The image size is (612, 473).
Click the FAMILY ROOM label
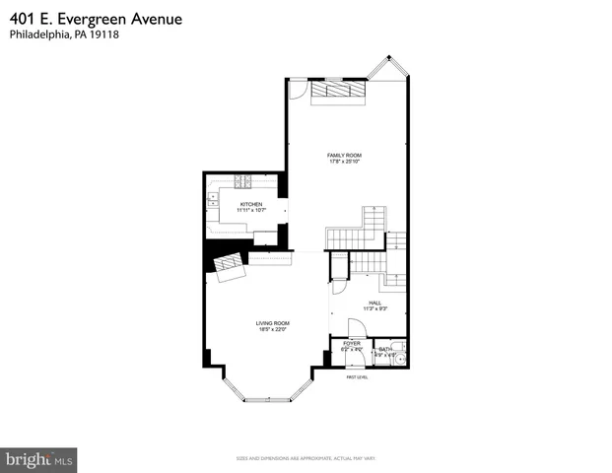(x=345, y=155)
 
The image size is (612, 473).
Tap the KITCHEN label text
(x=251, y=203)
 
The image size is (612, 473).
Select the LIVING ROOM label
(x=272, y=322)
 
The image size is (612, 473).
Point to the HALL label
(x=374, y=303)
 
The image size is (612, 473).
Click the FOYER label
(x=352, y=343)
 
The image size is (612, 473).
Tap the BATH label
(x=385, y=348)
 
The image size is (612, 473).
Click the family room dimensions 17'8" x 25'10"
(x=345, y=162)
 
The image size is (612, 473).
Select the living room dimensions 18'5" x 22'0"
(x=272, y=329)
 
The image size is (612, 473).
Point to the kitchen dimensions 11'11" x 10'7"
(x=251, y=210)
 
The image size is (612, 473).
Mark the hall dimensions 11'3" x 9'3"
(x=374, y=309)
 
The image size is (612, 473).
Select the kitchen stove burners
(x=242, y=180)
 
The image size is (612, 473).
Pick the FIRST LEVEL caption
(x=356, y=377)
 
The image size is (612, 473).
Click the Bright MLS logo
(x=39, y=458)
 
